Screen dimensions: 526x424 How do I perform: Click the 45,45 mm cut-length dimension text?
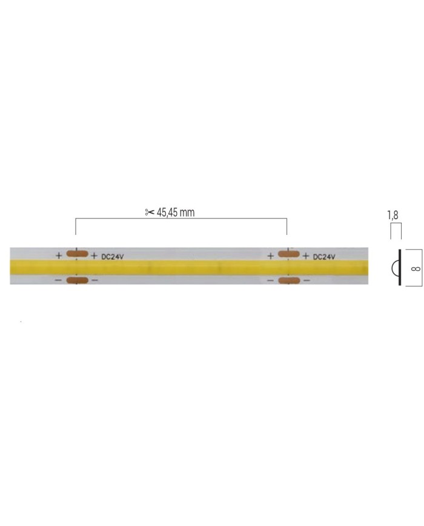coord(176,213)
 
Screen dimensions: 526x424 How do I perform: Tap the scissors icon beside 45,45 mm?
coord(149,213)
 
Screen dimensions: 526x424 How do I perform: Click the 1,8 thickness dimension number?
coord(393,215)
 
